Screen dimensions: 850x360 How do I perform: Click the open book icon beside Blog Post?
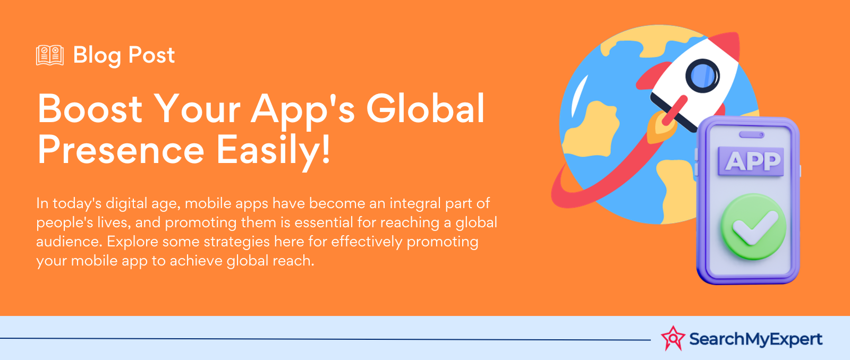pos(50,55)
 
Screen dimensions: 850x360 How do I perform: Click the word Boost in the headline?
pos(90,108)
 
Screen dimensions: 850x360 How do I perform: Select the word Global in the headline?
pos(426,108)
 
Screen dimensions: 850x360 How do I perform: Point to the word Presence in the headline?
pos(121,150)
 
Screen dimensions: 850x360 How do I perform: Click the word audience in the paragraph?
pos(69,242)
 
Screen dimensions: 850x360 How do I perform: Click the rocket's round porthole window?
pos(702,76)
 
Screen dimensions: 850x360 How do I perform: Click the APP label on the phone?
pos(751,161)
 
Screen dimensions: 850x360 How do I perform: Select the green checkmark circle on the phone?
pos(754,227)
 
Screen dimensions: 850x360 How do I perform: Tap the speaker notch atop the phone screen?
pos(752,135)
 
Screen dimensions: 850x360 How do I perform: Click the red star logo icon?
pos(673,338)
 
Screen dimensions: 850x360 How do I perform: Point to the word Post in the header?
pos(151,55)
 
